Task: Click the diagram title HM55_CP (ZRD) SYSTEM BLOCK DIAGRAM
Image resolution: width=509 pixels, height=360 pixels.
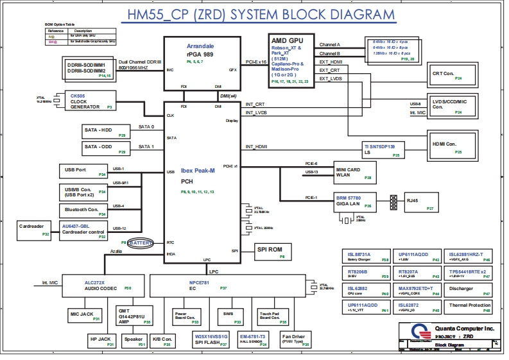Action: (257, 15)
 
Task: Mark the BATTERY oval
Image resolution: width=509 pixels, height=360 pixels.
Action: (141, 243)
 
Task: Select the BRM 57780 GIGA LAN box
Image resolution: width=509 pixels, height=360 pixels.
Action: (352, 202)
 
